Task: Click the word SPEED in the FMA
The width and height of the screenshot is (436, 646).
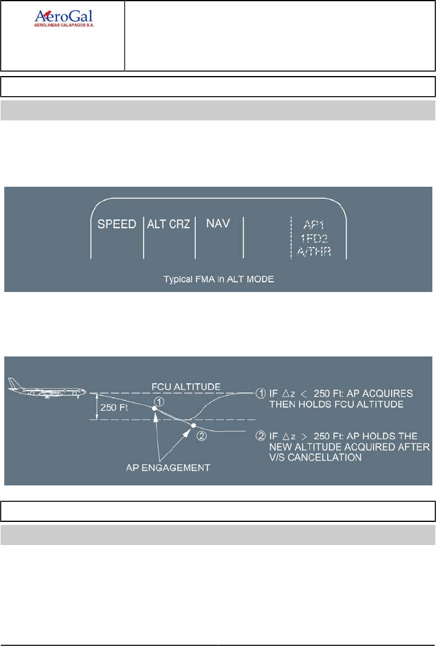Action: pyautogui.click(x=117, y=224)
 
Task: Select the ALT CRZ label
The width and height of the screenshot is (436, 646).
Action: pyautogui.click(x=169, y=224)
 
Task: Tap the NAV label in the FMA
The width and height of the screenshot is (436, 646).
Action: pyautogui.click(x=217, y=223)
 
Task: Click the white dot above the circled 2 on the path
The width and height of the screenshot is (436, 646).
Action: pyautogui.click(x=193, y=425)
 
